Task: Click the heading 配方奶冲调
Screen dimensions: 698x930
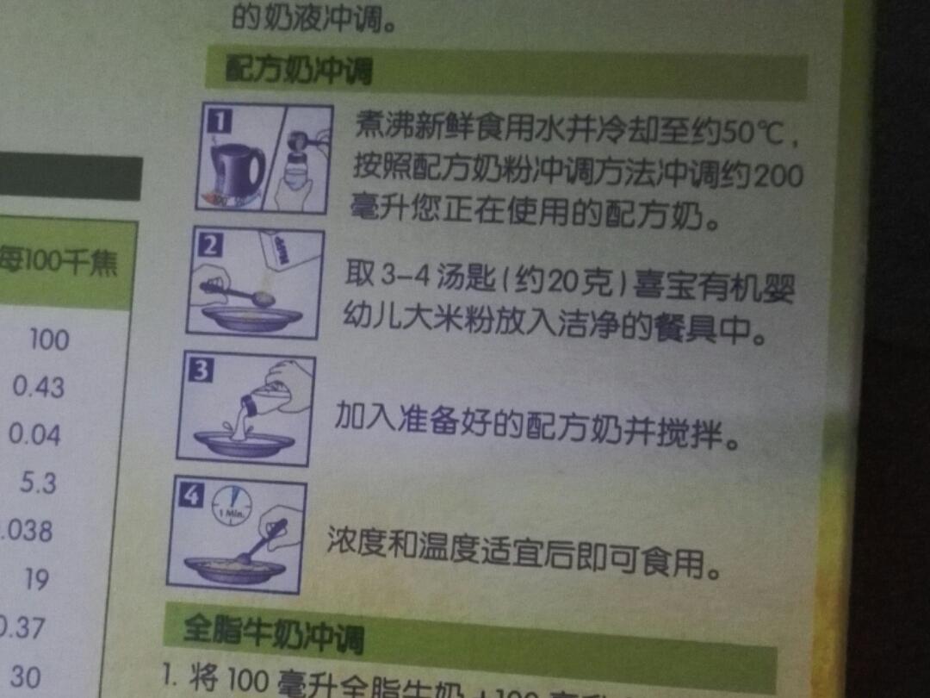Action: pos(298,70)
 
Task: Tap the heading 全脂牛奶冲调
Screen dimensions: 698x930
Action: pos(272,634)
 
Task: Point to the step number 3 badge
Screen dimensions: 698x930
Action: pos(200,371)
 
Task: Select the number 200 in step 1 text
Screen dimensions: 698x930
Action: pos(778,177)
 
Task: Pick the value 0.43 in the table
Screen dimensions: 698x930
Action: pos(38,387)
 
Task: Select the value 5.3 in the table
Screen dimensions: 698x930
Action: pos(40,483)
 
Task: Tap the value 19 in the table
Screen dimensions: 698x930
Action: pos(37,579)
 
